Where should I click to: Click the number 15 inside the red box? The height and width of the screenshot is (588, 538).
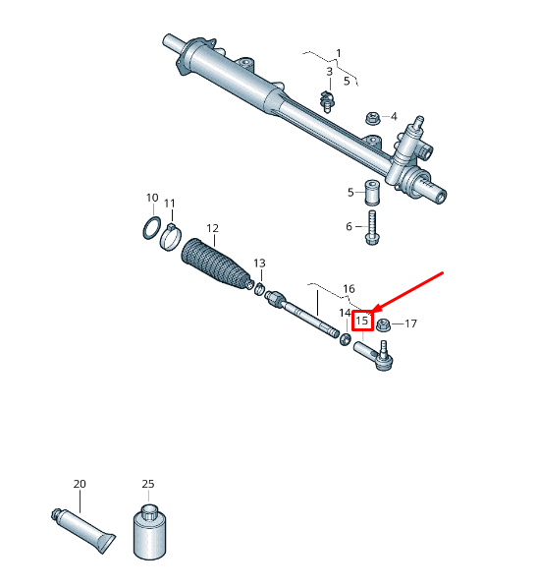coord(362,321)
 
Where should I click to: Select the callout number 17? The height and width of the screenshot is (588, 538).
coord(410,323)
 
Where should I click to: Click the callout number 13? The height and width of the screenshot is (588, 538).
coord(259,264)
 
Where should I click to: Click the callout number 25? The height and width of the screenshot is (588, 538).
coord(148,484)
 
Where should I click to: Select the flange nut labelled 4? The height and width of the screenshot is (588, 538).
coord(372,118)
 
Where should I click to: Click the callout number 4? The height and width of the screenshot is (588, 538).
coord(394,116)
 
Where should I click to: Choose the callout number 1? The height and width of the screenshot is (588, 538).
coord(339,52)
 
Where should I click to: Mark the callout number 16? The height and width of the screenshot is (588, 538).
coord(349,289)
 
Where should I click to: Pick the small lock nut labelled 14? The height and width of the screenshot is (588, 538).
coord(346,339)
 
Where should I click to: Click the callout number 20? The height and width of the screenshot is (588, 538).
coord(80,484)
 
